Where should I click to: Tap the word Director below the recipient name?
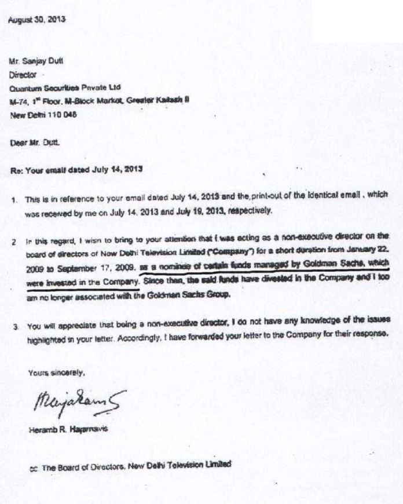(x=24, y=74)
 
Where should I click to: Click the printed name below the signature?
(x=63, y=429)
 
